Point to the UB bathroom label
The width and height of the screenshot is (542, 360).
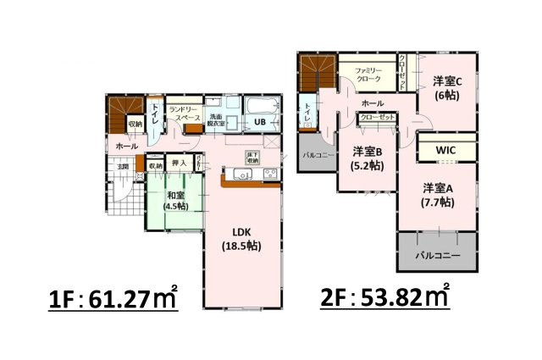click(260, 122)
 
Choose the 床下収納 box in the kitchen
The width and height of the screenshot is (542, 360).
click(252, 157)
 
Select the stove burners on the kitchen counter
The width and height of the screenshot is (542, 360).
click(270, 174)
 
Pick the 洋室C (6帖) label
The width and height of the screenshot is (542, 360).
click(447, 89)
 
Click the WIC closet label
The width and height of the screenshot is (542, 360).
click(446, 151)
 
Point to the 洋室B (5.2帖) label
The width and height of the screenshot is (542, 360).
click(366, 158)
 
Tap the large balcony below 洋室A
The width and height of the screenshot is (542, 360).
click(437, 253)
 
